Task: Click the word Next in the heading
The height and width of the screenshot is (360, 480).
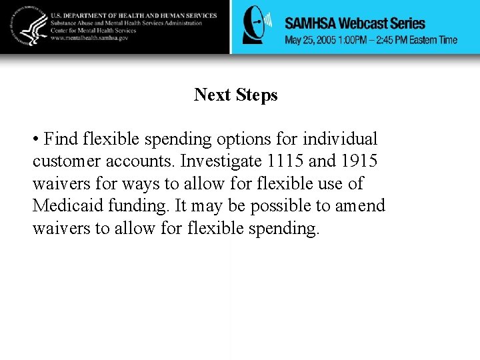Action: (x=211, y=95)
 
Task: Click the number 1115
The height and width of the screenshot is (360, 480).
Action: (x=285, y=161)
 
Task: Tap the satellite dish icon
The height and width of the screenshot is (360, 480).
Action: (x=257, y=27)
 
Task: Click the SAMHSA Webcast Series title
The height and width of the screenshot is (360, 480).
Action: (x=355, y=23)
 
